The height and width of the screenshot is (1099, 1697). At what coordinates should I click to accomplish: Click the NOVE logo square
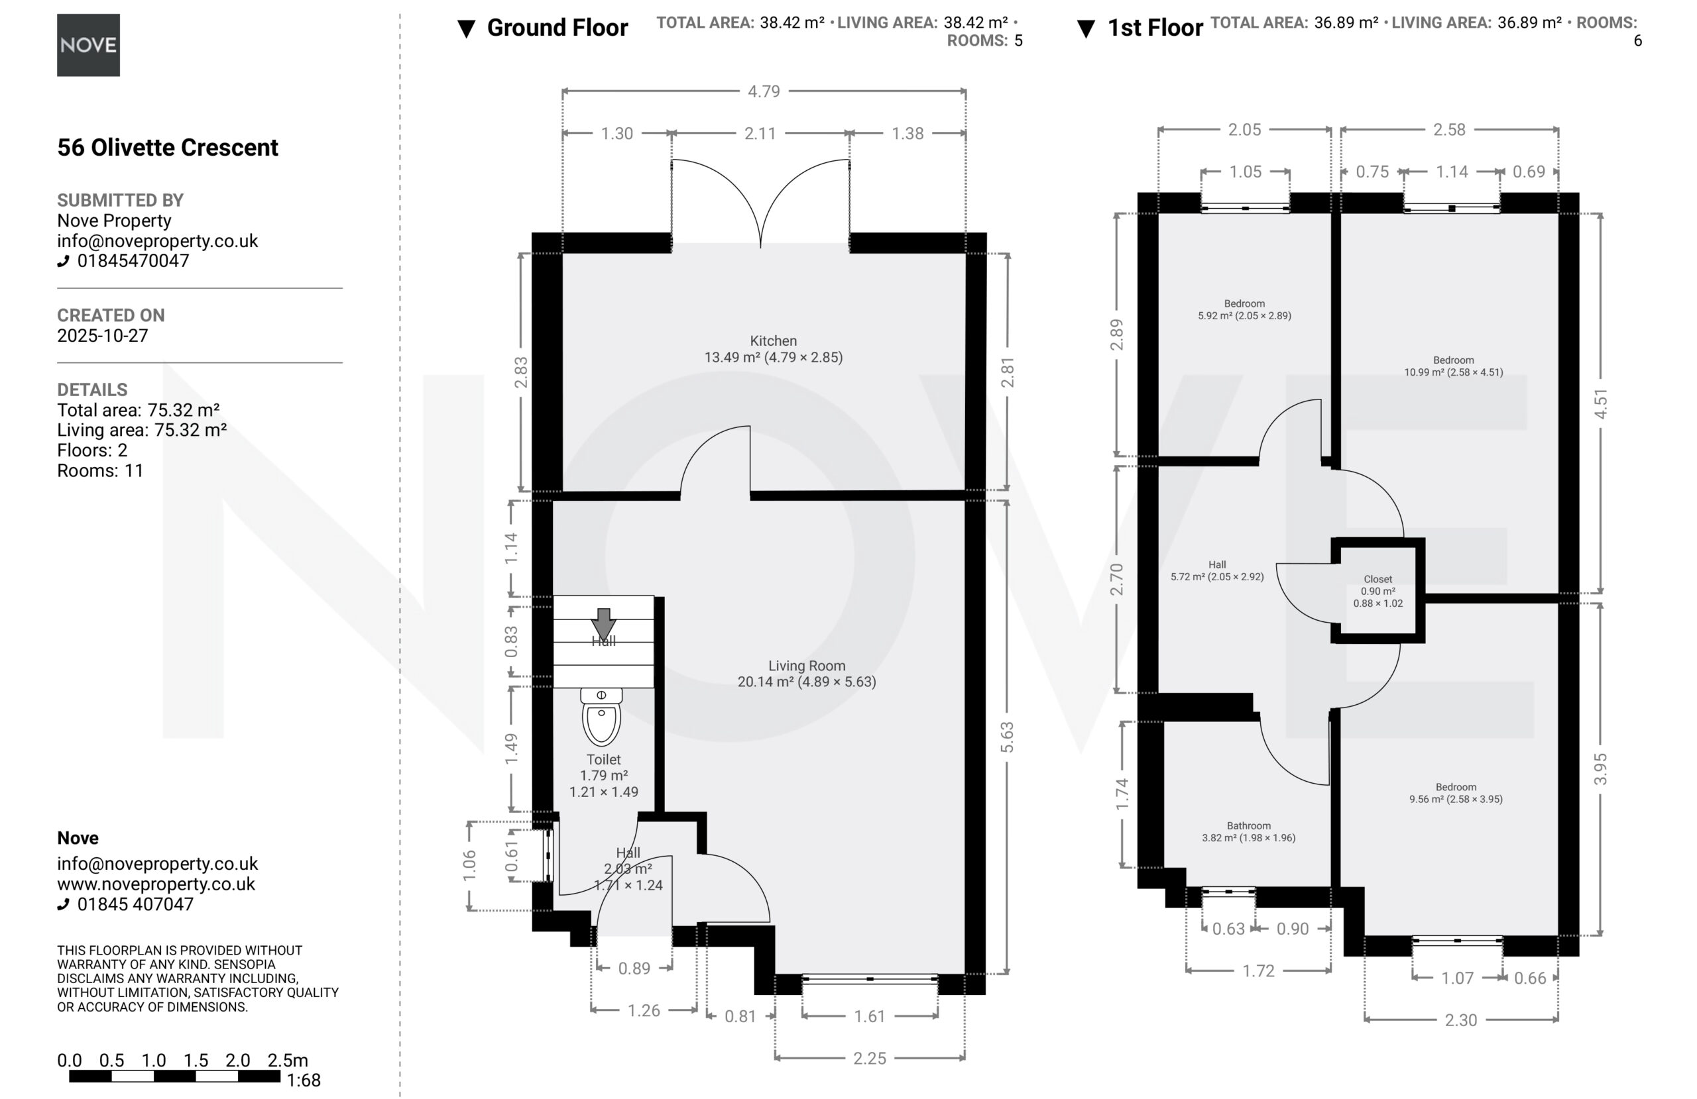click(88, 45)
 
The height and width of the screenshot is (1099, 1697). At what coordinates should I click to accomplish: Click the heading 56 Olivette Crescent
click(168, 148)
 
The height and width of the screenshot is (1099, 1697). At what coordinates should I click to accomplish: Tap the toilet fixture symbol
click(601, 717)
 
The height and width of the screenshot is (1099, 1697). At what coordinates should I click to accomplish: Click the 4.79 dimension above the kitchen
click(764, 91)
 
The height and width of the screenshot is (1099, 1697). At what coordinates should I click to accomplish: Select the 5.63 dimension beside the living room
click(1007, 737)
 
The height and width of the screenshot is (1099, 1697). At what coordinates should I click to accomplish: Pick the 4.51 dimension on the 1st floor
click(1601, 403)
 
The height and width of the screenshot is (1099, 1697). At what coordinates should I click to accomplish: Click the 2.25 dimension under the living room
click(870, 1058)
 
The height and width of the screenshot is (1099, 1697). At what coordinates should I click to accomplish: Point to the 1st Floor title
click(1155, 28)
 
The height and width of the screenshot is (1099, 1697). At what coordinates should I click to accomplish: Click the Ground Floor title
click(557, 28)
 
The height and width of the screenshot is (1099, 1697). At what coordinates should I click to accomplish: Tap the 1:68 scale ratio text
click(304, 1080)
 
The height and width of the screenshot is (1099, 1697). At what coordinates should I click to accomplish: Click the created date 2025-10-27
click(103, 336)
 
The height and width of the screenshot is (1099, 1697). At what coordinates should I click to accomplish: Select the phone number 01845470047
click(133, 261)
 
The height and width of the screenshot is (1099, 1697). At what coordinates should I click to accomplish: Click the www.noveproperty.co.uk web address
click(156, 884)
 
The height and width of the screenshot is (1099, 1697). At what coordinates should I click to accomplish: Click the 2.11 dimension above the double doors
click(760, 133)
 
